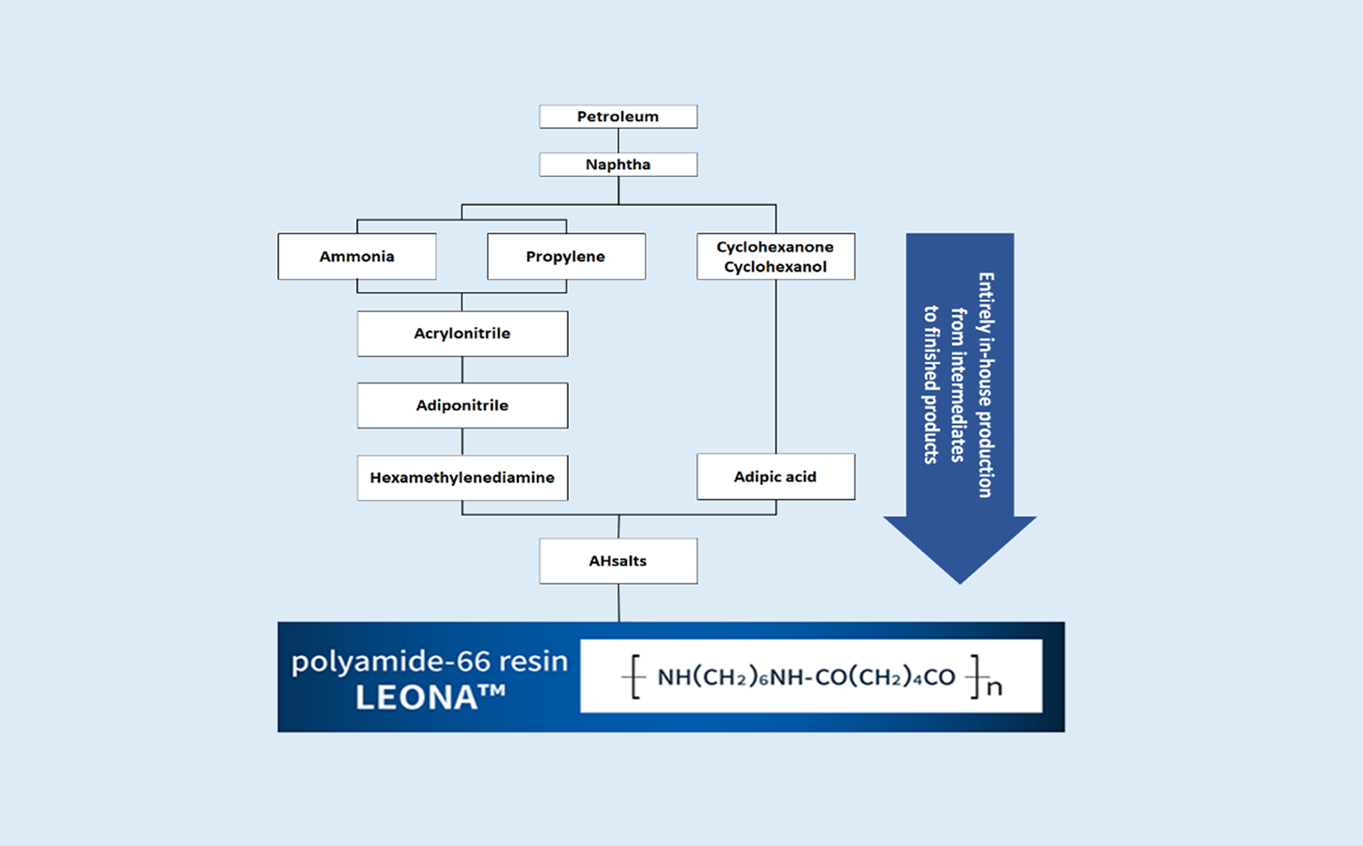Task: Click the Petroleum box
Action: (619, 117)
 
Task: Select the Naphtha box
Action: (619, 164)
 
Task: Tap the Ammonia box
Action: (357, 257)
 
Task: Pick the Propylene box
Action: (567, 257)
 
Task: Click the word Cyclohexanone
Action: (775, 247)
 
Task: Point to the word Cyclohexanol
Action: (775, 267)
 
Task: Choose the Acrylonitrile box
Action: (462, 334)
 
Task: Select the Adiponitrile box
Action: (462, 405)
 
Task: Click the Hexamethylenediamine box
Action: (462, 478)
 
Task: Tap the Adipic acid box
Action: (775, 477)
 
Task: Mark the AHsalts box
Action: (619, 560)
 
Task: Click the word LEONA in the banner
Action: (416, 697)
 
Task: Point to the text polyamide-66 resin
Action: (430, 662)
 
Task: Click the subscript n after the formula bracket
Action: (995, 688)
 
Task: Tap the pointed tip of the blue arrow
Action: (960, 583)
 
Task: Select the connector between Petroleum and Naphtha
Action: (619, 141)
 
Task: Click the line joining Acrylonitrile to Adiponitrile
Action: (462, 369)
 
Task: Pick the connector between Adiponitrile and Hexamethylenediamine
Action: (462, 442)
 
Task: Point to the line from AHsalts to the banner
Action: (619, 603)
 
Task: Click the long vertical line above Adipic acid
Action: (775, 367)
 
